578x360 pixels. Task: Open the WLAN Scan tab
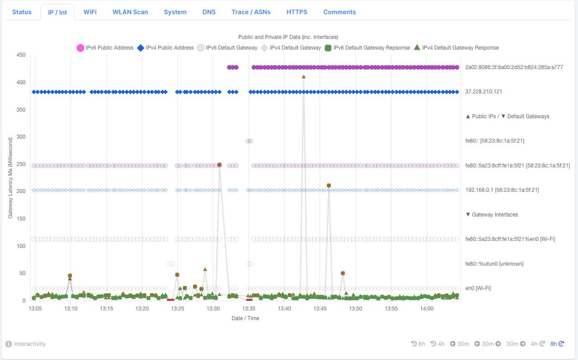(130, 12)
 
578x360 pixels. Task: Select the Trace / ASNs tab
(250, 12)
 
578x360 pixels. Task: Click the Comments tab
(340, 12)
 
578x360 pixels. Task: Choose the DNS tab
(209, 12)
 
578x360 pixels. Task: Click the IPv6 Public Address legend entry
(105, 48)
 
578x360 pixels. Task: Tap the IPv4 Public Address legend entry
(165, 48)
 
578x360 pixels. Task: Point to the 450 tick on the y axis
(21, 55)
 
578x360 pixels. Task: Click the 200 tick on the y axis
(21, 192)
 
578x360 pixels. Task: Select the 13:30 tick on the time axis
(213, 309)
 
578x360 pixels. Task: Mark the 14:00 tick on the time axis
(427, 309)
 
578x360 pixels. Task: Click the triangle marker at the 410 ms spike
(303, 77)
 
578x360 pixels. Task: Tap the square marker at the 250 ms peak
(219, 165)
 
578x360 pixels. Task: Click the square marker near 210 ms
(328, 185)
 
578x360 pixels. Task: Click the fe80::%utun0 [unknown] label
(494, 264)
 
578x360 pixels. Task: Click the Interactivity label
(29, 344)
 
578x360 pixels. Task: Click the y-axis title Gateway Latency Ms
(10, 177)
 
